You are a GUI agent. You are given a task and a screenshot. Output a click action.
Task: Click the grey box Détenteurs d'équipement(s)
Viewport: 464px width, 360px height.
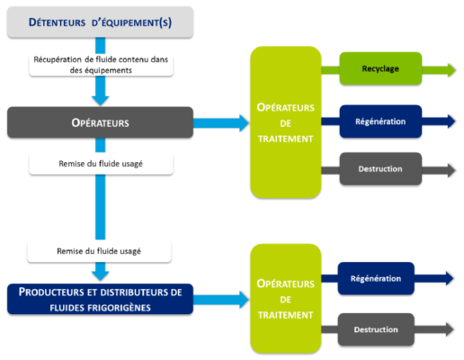[x=100, y=22]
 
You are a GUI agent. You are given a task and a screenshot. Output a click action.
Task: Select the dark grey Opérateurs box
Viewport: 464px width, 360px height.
[x=100, y=122]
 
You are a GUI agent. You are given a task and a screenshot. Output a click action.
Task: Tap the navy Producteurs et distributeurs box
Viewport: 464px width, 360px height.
[x=100, y=299]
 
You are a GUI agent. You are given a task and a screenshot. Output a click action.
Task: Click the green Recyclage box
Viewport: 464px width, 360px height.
[x=380, y=68]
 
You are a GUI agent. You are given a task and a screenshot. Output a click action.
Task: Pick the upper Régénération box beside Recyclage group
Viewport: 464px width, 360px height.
[x=380, y=121]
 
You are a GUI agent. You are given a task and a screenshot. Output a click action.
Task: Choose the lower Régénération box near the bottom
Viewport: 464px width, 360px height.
[x=376, y=278]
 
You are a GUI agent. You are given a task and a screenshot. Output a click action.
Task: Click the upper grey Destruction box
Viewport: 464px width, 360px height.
[x=380, y=168]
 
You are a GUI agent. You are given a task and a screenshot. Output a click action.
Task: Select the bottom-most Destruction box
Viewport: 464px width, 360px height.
[x=376, y=329]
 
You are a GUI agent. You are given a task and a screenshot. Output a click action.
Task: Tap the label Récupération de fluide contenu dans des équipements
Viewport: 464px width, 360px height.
[x=101, y=65]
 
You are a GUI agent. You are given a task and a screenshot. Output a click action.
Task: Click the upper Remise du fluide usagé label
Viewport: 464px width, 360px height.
[x=101, y=164]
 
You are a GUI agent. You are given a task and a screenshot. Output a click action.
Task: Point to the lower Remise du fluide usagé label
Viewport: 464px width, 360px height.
[x=99, y=251]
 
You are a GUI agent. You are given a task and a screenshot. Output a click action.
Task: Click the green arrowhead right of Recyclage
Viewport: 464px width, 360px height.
[x=451, y=70]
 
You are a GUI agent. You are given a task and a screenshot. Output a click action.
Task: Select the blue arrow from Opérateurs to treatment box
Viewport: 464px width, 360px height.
[x=221, y=123]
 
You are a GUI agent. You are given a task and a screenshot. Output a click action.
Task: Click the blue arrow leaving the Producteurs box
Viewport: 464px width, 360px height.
[x=221, y=300]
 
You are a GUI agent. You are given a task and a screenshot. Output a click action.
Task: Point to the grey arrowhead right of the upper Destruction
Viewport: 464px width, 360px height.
[x=451, y=170]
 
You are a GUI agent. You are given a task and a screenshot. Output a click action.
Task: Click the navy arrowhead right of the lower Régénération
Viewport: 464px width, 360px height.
[x=450, y=278]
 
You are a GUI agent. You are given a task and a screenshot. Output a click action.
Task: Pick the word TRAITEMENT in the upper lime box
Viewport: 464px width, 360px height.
[x=285, y=139]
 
